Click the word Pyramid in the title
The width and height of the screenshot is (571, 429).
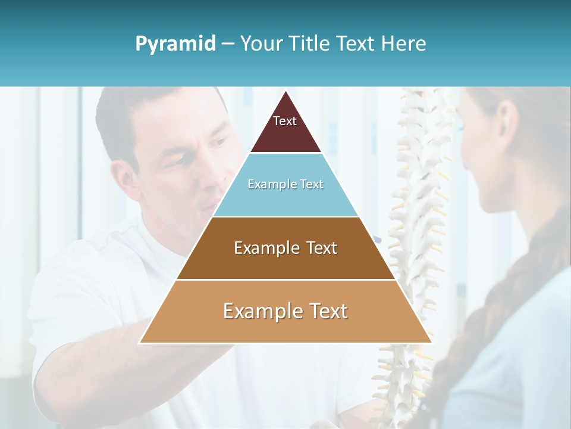[175, 44]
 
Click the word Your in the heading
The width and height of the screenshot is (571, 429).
[262, 43]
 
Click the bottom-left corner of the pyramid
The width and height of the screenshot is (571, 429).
[141, 342]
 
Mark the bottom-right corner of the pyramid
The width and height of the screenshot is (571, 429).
[431, 342]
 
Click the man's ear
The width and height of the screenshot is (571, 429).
[124, 179]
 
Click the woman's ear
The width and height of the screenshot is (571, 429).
[506, 125]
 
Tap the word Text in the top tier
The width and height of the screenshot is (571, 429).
[285, 121]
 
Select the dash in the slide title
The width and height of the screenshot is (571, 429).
[228, 44]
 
